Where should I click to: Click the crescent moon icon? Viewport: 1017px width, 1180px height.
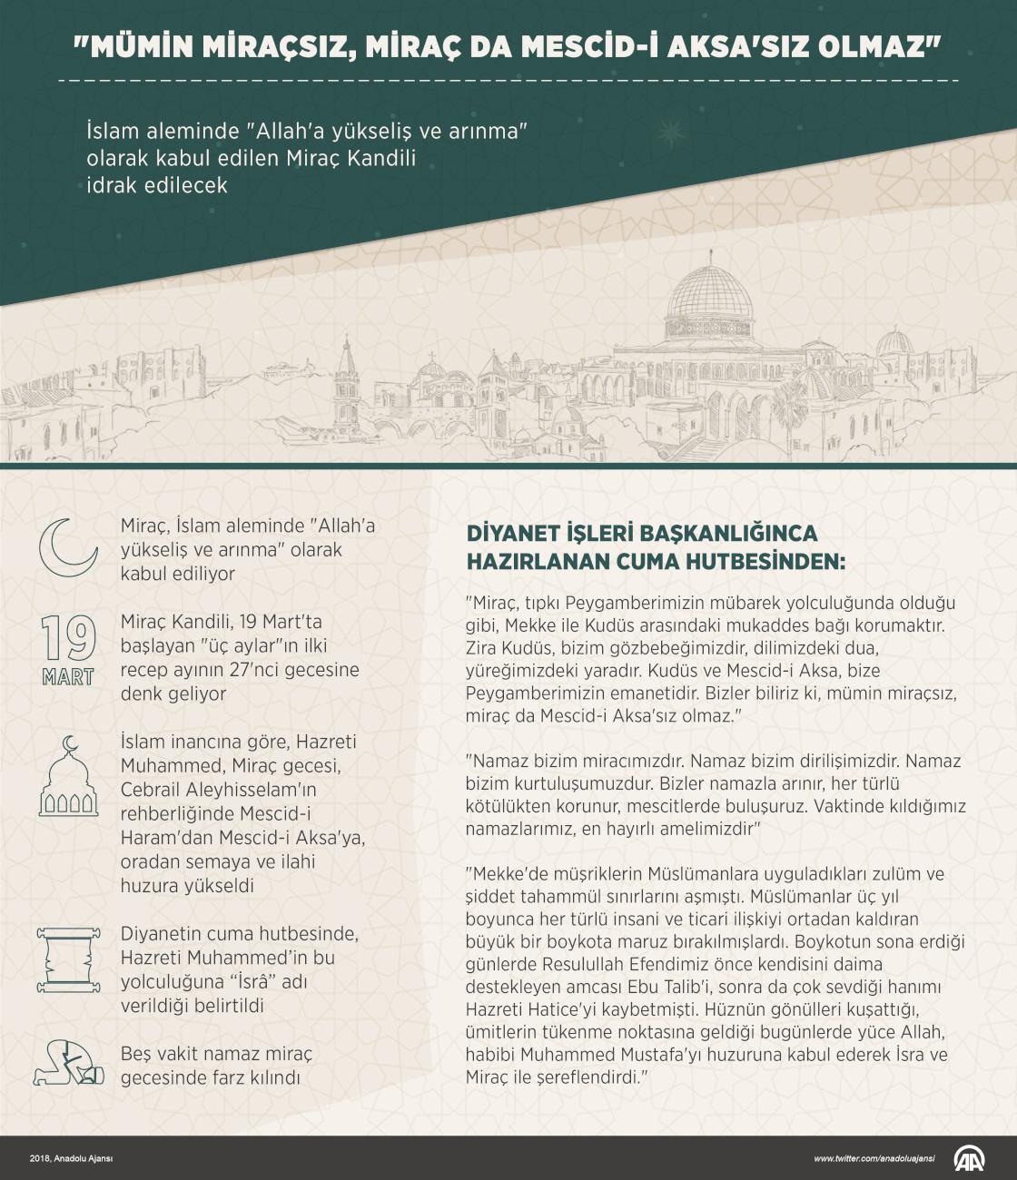(67, 547)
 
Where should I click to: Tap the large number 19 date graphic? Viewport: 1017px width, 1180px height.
(68, 639)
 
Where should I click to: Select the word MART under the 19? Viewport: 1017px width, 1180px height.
(68, 677)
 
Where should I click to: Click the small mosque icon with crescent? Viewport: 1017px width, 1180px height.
(68, 778)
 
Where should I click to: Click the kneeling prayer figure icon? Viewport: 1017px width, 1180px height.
(68, 1062)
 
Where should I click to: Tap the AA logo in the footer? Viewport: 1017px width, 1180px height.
(970, 1159)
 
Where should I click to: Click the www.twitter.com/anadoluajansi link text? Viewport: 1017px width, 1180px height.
(875, 1159)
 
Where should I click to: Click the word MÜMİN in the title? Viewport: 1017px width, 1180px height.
(140, 46)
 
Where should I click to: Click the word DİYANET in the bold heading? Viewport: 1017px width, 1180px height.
(507, 533)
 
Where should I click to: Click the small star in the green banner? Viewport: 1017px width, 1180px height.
(672, 133)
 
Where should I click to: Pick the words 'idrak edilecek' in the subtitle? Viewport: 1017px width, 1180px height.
(156, 185)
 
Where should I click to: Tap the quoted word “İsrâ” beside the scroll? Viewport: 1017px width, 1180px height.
(263, 982)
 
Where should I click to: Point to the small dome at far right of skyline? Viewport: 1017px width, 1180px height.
(894, 341)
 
